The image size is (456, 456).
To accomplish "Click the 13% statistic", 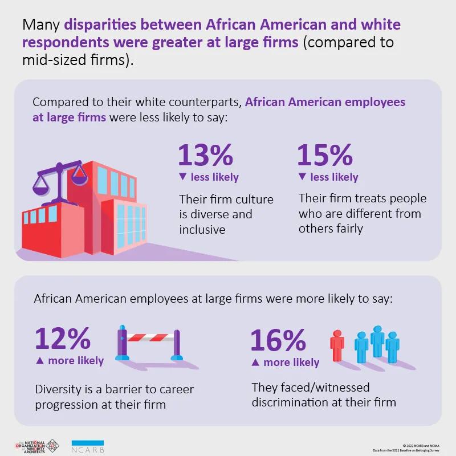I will (206, 154).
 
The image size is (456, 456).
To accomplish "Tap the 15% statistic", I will (325, 154).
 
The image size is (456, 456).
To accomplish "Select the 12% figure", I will (63, 339).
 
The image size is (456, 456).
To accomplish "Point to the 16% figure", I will (278, 341).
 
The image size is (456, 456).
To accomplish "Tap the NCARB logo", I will (88, 446).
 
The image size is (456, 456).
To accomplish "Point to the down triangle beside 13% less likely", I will (182, 177).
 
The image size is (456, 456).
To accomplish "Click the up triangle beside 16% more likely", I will (255, 363).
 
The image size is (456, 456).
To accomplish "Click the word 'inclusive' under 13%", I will (202, 230).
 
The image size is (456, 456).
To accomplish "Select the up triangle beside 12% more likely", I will (39, 361).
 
